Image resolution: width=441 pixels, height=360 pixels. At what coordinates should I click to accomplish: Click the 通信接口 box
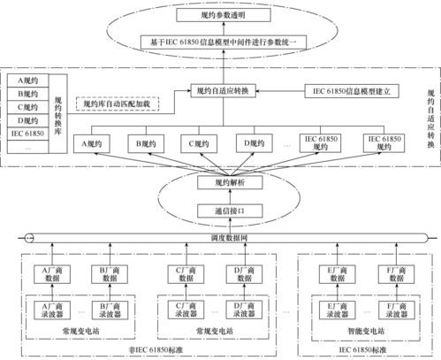[219, 212]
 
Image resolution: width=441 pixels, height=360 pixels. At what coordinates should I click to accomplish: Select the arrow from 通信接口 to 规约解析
[219, 196]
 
